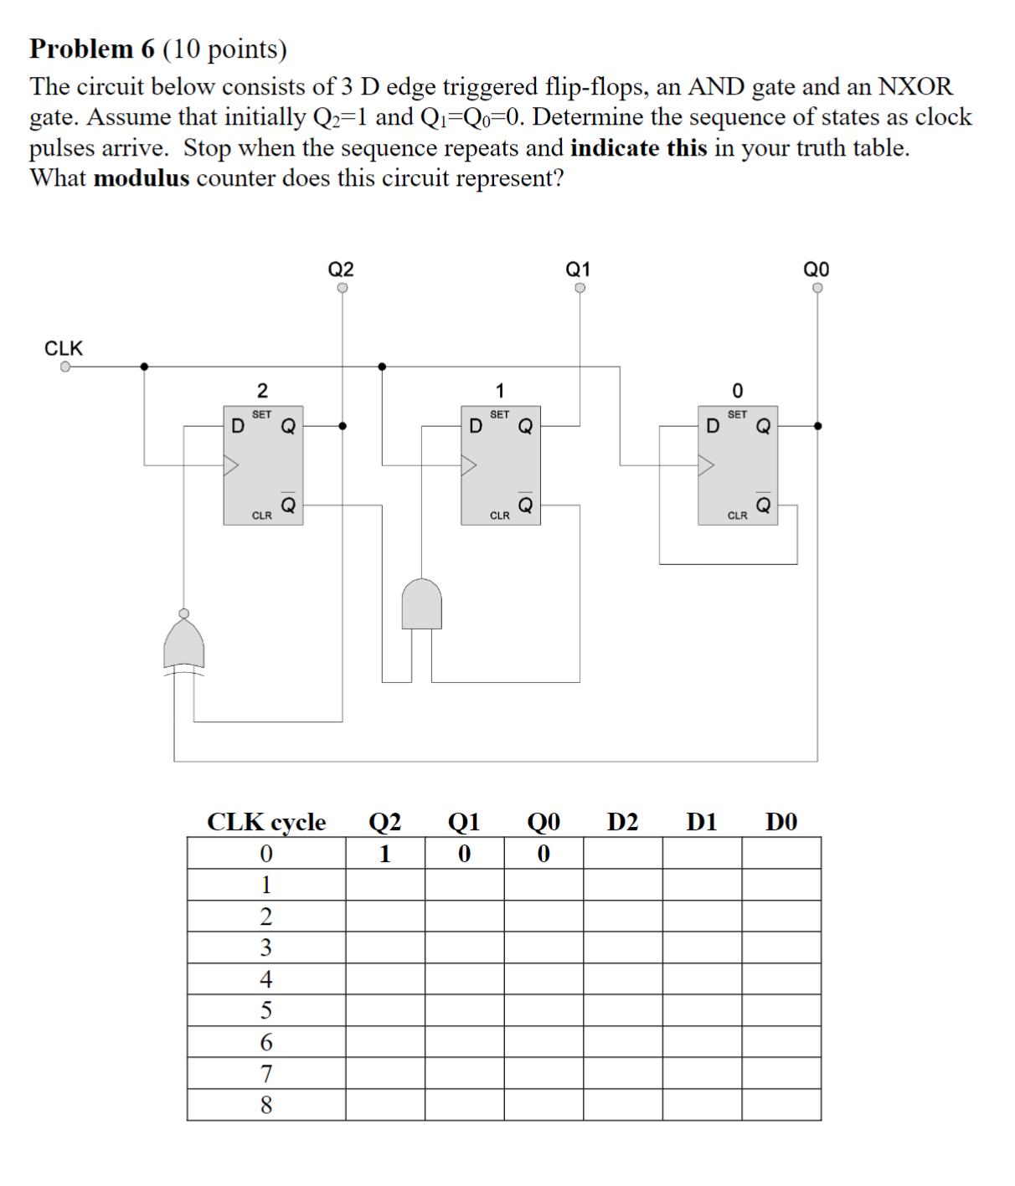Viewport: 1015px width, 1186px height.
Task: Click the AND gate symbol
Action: click(x=421, y=603)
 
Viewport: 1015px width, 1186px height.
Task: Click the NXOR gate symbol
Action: click(x=184, y=645)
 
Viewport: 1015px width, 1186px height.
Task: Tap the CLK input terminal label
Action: click(x=64, y=348)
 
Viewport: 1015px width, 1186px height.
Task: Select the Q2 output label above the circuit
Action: click(x=341, y=269)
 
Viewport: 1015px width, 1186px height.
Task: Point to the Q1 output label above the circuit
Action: click(x=578, y=269)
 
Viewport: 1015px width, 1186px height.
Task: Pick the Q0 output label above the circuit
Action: click(x=816, y=269)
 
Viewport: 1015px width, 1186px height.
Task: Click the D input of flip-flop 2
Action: click(x=238, y=426)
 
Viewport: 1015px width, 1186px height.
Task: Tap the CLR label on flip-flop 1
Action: click(x=499, y=516)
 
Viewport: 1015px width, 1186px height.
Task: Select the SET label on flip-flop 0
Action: click(x=737, y=414)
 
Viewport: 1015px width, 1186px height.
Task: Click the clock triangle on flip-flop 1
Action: click(x=468, y=465)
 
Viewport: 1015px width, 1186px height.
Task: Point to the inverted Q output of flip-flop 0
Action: click(x=763, y=506)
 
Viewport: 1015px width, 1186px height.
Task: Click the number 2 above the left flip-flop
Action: click(x=262, y=391)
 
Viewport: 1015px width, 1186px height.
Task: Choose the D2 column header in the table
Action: click(x=622, y=822)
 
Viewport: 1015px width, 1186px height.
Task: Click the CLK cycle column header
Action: click(x=266, y=822)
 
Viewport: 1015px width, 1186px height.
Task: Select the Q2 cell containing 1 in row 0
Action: click(x=384, y=854)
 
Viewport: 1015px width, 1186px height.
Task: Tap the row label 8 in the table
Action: click(x=266, y=1105)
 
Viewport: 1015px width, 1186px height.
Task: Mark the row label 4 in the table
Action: click(x=266, y=978)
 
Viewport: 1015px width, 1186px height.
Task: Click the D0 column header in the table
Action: click(x=781, y=822)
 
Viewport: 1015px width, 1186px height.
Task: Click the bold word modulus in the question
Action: click(x=142, y=178)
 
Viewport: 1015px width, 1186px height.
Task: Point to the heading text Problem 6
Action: click(x=92, y=49)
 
